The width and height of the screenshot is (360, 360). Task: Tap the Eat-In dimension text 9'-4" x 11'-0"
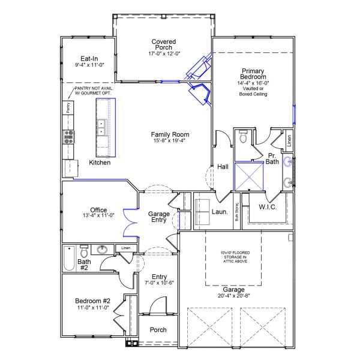point(89,64)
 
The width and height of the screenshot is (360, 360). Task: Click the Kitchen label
point(100,163)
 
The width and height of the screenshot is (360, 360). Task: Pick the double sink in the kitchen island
point(101,128)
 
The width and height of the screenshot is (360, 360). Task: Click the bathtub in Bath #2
point(68,259)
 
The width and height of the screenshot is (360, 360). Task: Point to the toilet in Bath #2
point(84,250)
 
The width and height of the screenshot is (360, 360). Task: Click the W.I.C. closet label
point(267,207)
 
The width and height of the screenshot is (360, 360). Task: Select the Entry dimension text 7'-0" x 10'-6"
point(159,284)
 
